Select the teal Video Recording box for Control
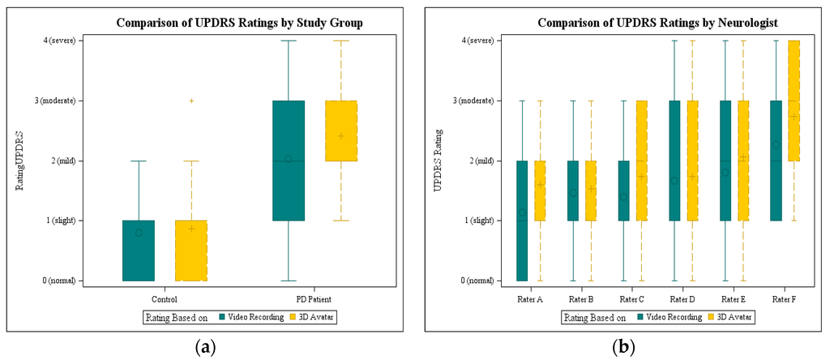coord(138,251)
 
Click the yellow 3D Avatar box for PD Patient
coord(341,131)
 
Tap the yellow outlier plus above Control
coord(191,101)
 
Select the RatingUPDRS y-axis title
coord(20,160)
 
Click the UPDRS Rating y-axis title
coord(438,160)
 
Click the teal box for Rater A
coord(522,221)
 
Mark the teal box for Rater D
coord(674,161)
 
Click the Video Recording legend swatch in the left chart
coord(223,317)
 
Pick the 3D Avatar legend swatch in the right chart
coord(713,317)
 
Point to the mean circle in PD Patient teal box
coord(288,159)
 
